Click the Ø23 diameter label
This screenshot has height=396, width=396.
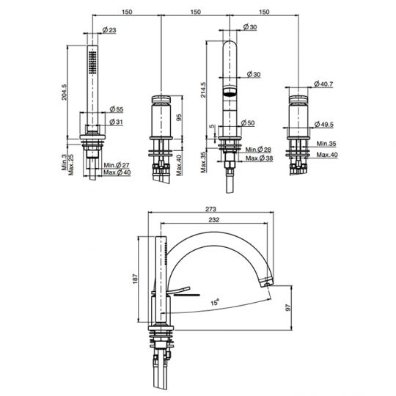107,29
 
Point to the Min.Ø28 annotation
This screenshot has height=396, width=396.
258,149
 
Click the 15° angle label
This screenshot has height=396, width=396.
214,301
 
